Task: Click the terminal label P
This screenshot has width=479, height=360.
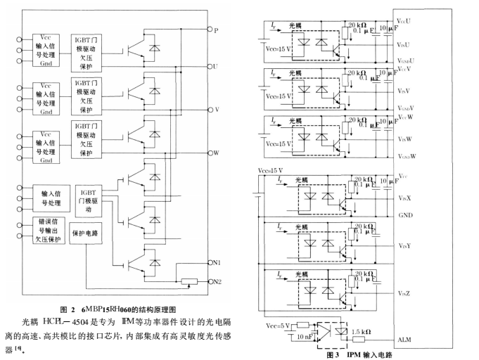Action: click(x=217, y=30)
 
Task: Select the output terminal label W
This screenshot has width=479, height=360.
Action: click(x=217, y=152)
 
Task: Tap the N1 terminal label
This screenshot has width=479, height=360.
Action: click(x=217, y=262)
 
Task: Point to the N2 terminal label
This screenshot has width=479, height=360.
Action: click(x=217, y=281)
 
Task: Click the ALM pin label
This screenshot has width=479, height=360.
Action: click(x=404, y=340)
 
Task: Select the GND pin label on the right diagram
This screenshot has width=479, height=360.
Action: click(x=406, y=214)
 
